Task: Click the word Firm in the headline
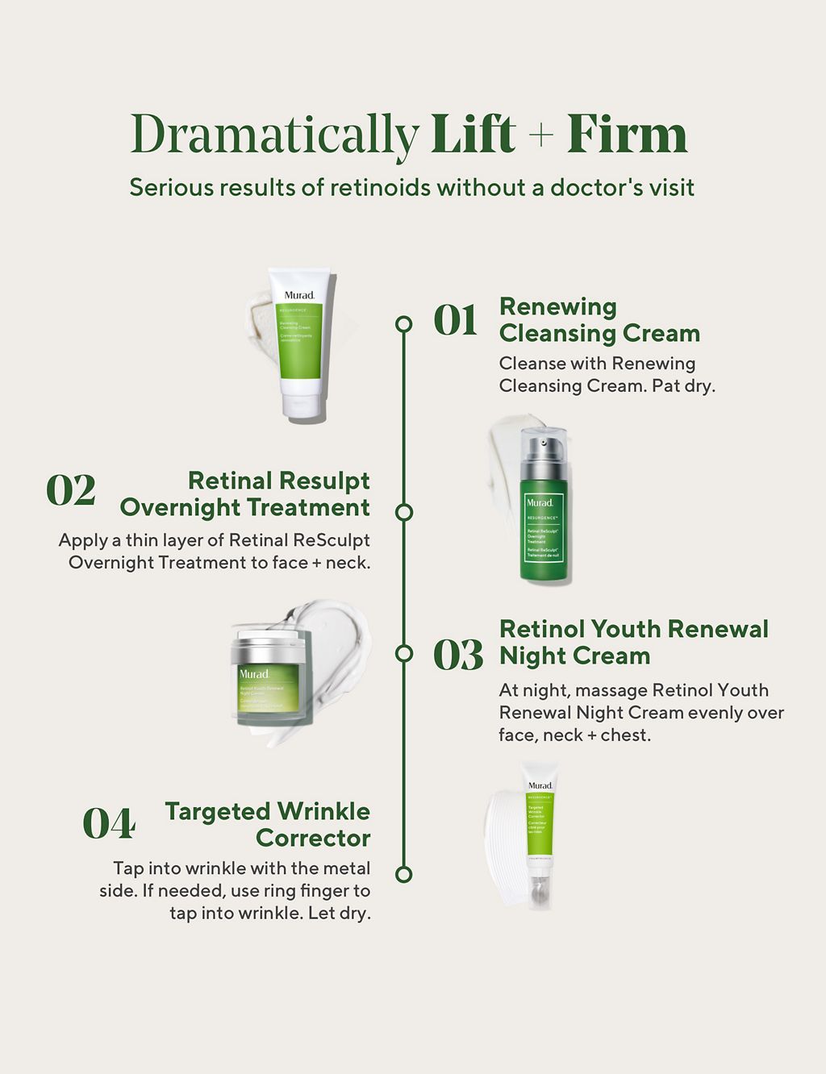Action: [x=627, y=135]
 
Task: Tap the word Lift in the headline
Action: [x=473, y=135]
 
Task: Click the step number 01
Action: [x=456, y=321]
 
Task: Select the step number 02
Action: [x=71, y=490]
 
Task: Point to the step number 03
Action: [x=458, y=655]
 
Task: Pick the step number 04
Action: [x=109, y=824]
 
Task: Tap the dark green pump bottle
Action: [x=544, y=508]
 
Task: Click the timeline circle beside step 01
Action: [x=404, y=324]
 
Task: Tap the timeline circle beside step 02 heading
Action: [x=404, y=512]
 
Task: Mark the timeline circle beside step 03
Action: [x=404, y=653]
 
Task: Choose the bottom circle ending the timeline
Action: [x=404, y=874]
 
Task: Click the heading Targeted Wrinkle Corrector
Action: [x=268, y=824]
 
